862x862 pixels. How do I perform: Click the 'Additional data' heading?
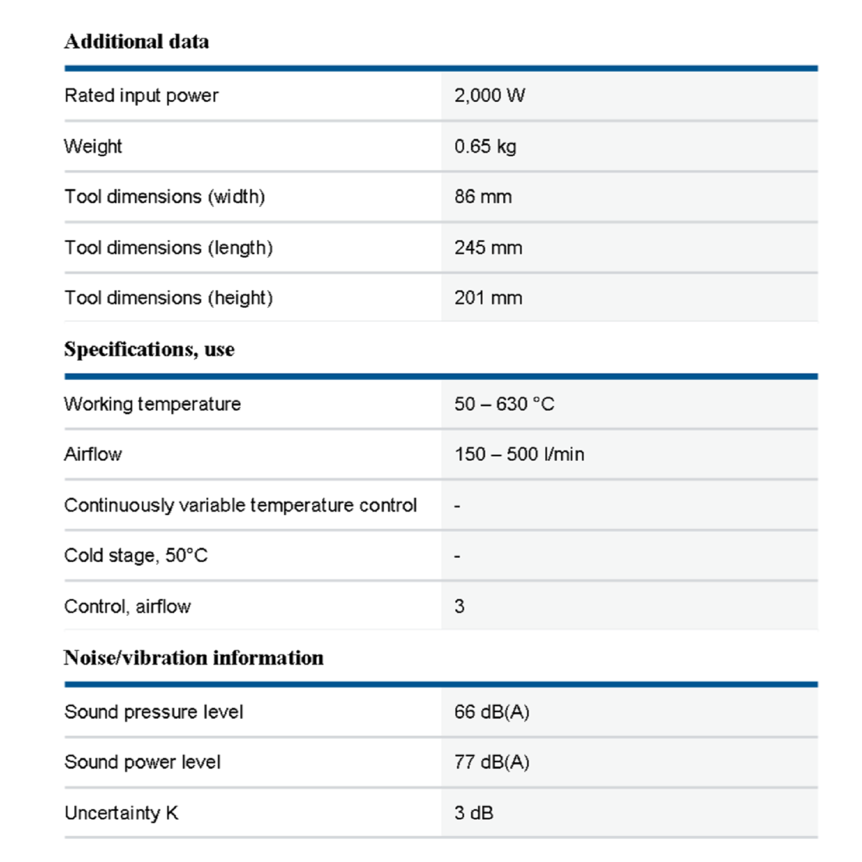pyautogui.click(x=136, y=41)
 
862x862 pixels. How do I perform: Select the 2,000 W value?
pyautogui.click(x=489, y=95)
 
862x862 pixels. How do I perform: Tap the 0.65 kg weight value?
pyautogui.click(x=485, y=146)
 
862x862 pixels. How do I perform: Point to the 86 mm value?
pyautogui.click(x=483, y=197)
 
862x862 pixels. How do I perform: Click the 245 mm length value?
pyautogui.click(x=488, y=248)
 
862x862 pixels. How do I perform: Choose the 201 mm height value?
pyautogui.click(x=488, y=298)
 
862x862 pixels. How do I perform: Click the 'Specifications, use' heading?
pyautogui.click(x=149, y=349)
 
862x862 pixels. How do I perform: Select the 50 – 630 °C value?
pyautogui.click(x=504, y=404)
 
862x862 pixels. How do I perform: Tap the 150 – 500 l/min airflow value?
pyautogui.click(x=519, y=454)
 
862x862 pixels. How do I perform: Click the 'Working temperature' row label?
pyautogui.click(x=152, y=404)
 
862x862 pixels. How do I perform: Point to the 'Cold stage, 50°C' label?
pyautogui.click(x=136, y=555)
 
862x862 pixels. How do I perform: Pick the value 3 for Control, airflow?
pyautogui.click(x=459, y=606)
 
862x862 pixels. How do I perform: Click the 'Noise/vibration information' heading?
pyautogui.click(x=193, y=658)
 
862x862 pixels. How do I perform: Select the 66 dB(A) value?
pyautogui.click(x=491, y=712)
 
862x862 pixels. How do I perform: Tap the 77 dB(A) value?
pyautogui.click(x=491, y=762)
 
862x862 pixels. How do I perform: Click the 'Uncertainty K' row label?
pyautogui.click(x=121, y=812)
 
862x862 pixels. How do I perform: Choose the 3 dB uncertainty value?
pyautogui.click(x=474, y=812)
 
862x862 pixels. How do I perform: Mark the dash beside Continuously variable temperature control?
pyautogui.click(x=457, y=506)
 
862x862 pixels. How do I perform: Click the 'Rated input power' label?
pyautogui.click(x=141, y=95)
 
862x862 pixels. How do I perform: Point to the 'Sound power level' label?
pyautogui.click(x=142, y=762)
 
